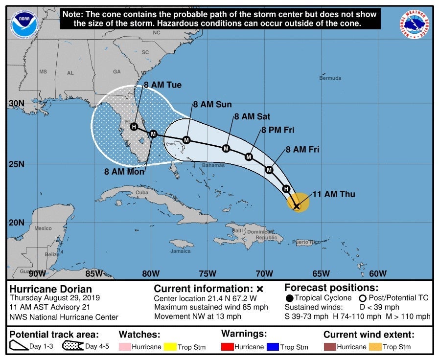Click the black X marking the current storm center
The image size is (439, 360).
click(297, 206)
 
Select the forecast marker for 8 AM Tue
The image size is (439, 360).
click(134, 127)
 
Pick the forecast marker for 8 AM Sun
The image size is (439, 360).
click(186, 140)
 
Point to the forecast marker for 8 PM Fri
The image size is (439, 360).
click(249, 157)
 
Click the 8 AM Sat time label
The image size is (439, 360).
click(252, 116)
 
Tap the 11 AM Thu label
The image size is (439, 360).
click(334, 194)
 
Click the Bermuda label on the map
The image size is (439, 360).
click(330, 78)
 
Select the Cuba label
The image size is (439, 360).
click(141, 192)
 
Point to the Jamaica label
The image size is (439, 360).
click(181, 251)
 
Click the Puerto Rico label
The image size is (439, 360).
click(307, 242)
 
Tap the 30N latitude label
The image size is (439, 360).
click(16, 103)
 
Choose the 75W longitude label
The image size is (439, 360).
click(208, 273)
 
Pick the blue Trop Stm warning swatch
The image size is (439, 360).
click(273, 347)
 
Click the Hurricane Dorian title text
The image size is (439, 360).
click(50, 289)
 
